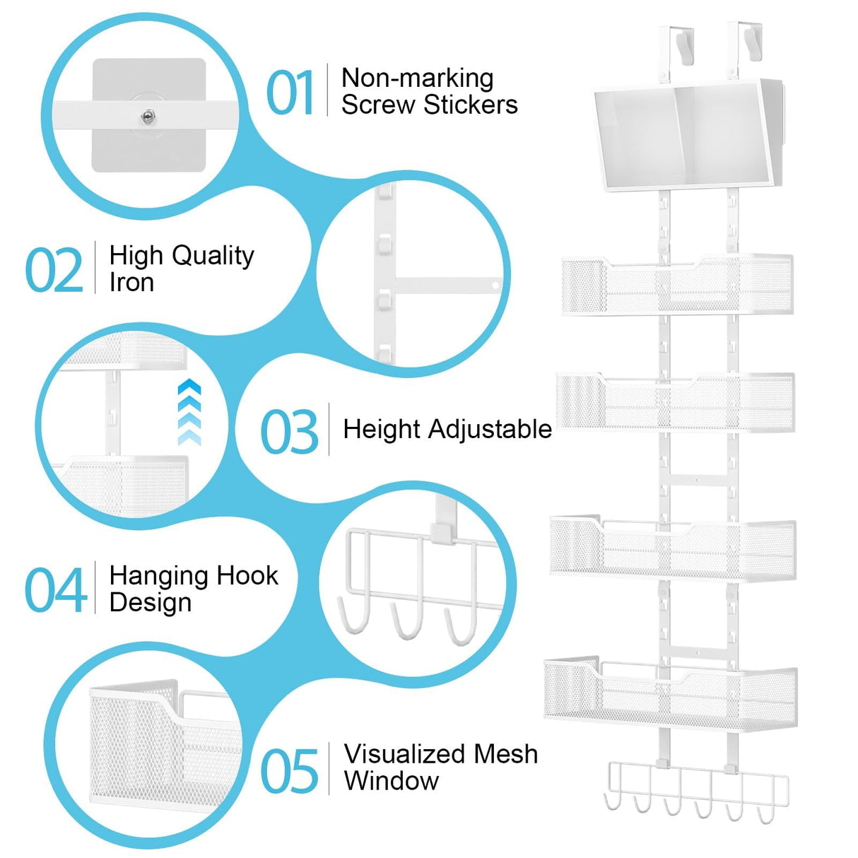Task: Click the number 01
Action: coord(290,93)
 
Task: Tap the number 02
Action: coord(54,270)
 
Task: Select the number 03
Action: coord(289,432)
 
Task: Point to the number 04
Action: coord(55,590)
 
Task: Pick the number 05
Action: coord(290,771)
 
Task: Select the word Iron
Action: coord(131,283)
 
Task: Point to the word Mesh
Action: coord(505,754)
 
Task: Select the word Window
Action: coord(391,781)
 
